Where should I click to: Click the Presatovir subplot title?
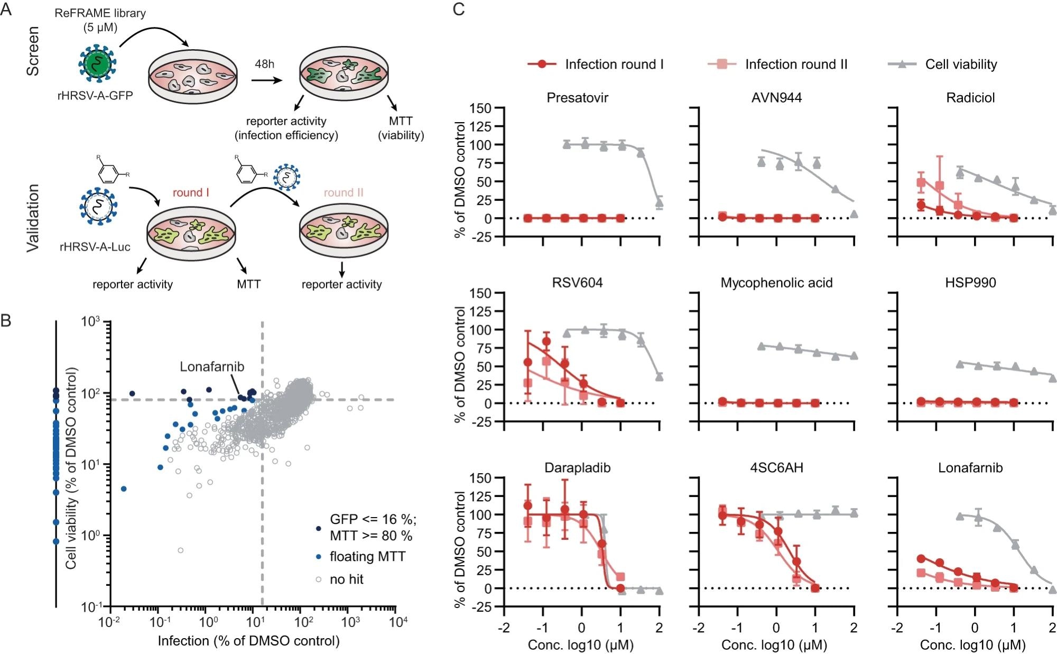577,98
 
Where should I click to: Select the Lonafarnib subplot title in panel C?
970,468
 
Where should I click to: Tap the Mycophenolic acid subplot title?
776,283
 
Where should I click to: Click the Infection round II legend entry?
796,65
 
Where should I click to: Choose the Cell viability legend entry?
961,65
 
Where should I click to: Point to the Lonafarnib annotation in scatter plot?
212,366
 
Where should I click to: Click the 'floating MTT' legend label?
367,557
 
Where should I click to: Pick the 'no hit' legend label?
347,579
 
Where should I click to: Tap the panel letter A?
6,9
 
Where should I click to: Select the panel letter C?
459,9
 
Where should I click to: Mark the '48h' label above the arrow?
265,64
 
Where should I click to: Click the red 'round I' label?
191,192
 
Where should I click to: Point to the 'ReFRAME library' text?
100,13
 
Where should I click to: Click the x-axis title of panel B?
248,641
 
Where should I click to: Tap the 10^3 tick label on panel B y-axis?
90,321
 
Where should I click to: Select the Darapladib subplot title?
577,468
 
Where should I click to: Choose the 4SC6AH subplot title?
776,468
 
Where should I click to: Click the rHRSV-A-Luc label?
95,247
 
